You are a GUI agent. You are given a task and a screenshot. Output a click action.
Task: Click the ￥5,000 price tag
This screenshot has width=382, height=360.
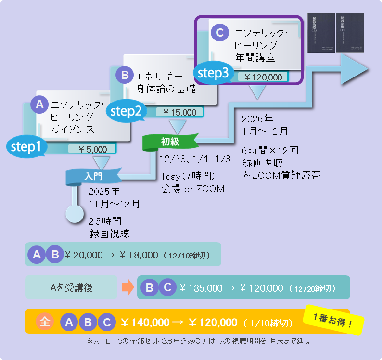[x=94, y=149]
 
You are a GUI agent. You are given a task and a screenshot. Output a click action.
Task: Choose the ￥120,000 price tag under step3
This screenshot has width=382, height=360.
[x=262, y=77]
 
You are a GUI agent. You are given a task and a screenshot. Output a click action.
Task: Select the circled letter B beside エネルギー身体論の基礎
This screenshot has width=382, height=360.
[x=124, y=75]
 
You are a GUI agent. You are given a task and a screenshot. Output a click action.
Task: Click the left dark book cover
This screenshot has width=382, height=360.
[x=320, y=33]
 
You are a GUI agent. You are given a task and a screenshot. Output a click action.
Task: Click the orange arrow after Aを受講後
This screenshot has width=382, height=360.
[x=127, y=288]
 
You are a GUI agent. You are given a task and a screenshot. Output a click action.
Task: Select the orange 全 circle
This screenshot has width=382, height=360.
[x=44, y=322]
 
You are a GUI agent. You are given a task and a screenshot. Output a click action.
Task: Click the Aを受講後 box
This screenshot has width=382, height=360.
[x=71, y=288]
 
